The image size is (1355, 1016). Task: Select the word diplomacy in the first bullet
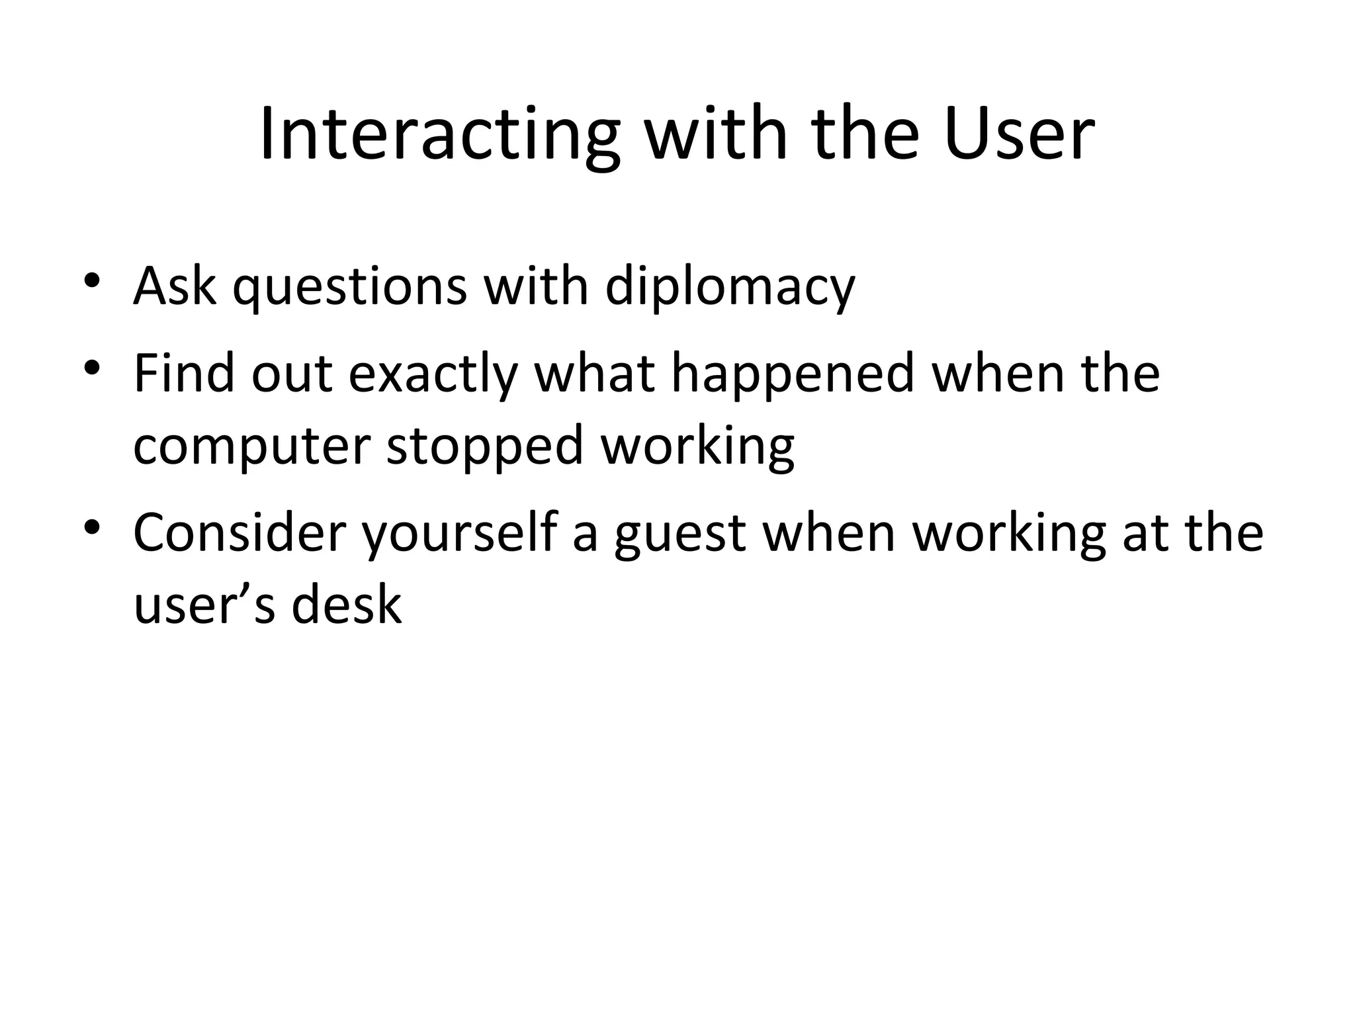point(730,288)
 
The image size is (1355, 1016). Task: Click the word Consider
point(240,532)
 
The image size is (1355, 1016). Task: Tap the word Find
point(184,374)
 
